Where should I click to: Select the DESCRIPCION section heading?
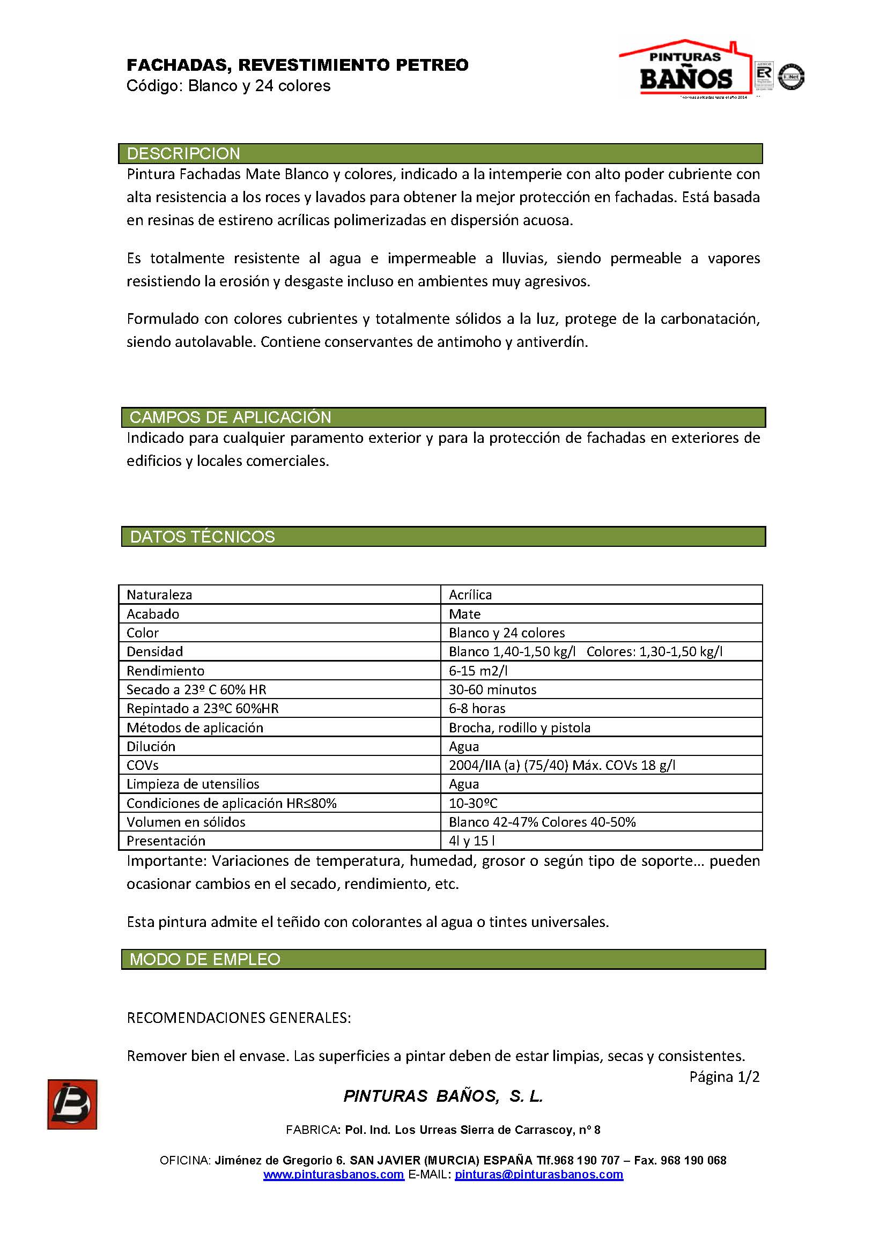183,153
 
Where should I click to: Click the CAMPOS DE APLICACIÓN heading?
230,417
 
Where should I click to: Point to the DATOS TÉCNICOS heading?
202,536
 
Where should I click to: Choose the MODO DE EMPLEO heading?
205,959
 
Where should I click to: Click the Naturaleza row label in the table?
159,595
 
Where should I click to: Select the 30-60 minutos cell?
493,689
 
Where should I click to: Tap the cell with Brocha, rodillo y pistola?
520,728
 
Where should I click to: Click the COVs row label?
143,765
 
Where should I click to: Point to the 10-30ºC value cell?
473,803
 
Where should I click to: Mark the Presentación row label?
166,841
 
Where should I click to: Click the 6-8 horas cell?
477,708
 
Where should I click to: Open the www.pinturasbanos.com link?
333,1174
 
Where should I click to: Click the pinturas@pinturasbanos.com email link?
538,1174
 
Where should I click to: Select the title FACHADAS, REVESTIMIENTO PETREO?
298,65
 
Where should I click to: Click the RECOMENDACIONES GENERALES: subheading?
239,1018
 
